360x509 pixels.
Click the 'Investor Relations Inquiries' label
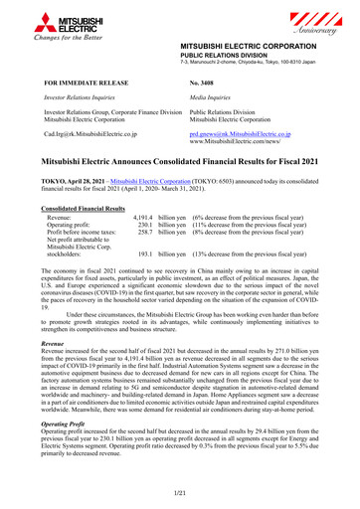pyautogui.click(x=86, y=99)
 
